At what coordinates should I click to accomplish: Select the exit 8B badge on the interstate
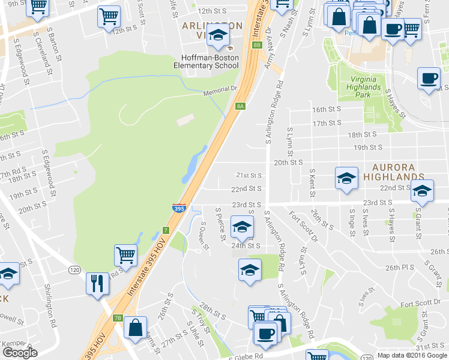tap(258, 45)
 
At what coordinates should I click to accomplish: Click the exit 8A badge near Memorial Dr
tap(240, 106)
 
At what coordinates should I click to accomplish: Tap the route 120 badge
tap(74, 270)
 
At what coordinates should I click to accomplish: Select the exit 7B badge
tap(118, 318)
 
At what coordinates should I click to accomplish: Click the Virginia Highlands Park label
tap(361, 83)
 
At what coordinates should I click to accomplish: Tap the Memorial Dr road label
tap(217, 90)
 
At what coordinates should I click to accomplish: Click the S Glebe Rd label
tap(246, 356)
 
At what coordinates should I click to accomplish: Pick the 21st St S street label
tap(249, 175)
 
